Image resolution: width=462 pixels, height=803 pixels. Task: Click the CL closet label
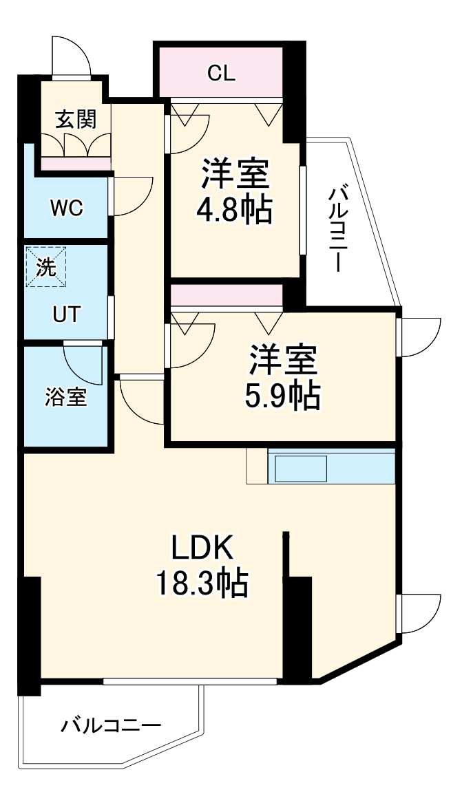point(221,73)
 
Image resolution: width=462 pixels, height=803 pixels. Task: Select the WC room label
point(66,207)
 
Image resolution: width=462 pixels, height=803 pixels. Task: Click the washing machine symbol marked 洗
point(46,267)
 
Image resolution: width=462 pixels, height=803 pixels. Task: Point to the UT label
point(67,315)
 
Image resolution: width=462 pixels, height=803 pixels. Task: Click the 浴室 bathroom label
point(66,397)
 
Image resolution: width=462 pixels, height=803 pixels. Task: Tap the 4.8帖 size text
point(234,211)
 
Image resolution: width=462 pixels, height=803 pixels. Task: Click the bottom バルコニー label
point(111,726)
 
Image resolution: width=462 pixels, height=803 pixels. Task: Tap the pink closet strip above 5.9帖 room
point(227,295)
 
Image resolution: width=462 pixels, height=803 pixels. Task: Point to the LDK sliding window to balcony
point(189,681)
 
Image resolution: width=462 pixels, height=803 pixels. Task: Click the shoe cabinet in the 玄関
point(75,162)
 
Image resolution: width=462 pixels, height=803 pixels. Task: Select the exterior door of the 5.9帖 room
point(419,337)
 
